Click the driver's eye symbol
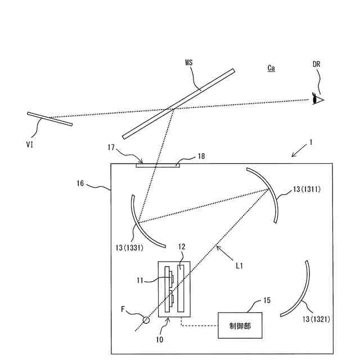(319, 100)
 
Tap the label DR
(318, 65)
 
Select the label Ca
(272, 68)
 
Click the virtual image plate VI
(50, 119)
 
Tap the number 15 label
(266, 300)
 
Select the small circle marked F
(146, 320)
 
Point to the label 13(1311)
(307, 189)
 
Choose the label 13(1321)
(315, 319)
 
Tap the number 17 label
(111, 147)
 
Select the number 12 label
(182, 247)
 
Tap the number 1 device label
(310, 143)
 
